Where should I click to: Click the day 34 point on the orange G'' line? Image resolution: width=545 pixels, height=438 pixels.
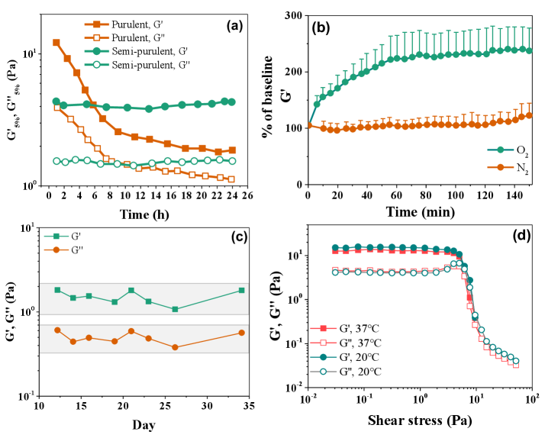[241, 333]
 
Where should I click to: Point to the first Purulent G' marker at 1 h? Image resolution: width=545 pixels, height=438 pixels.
[56, 43]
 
